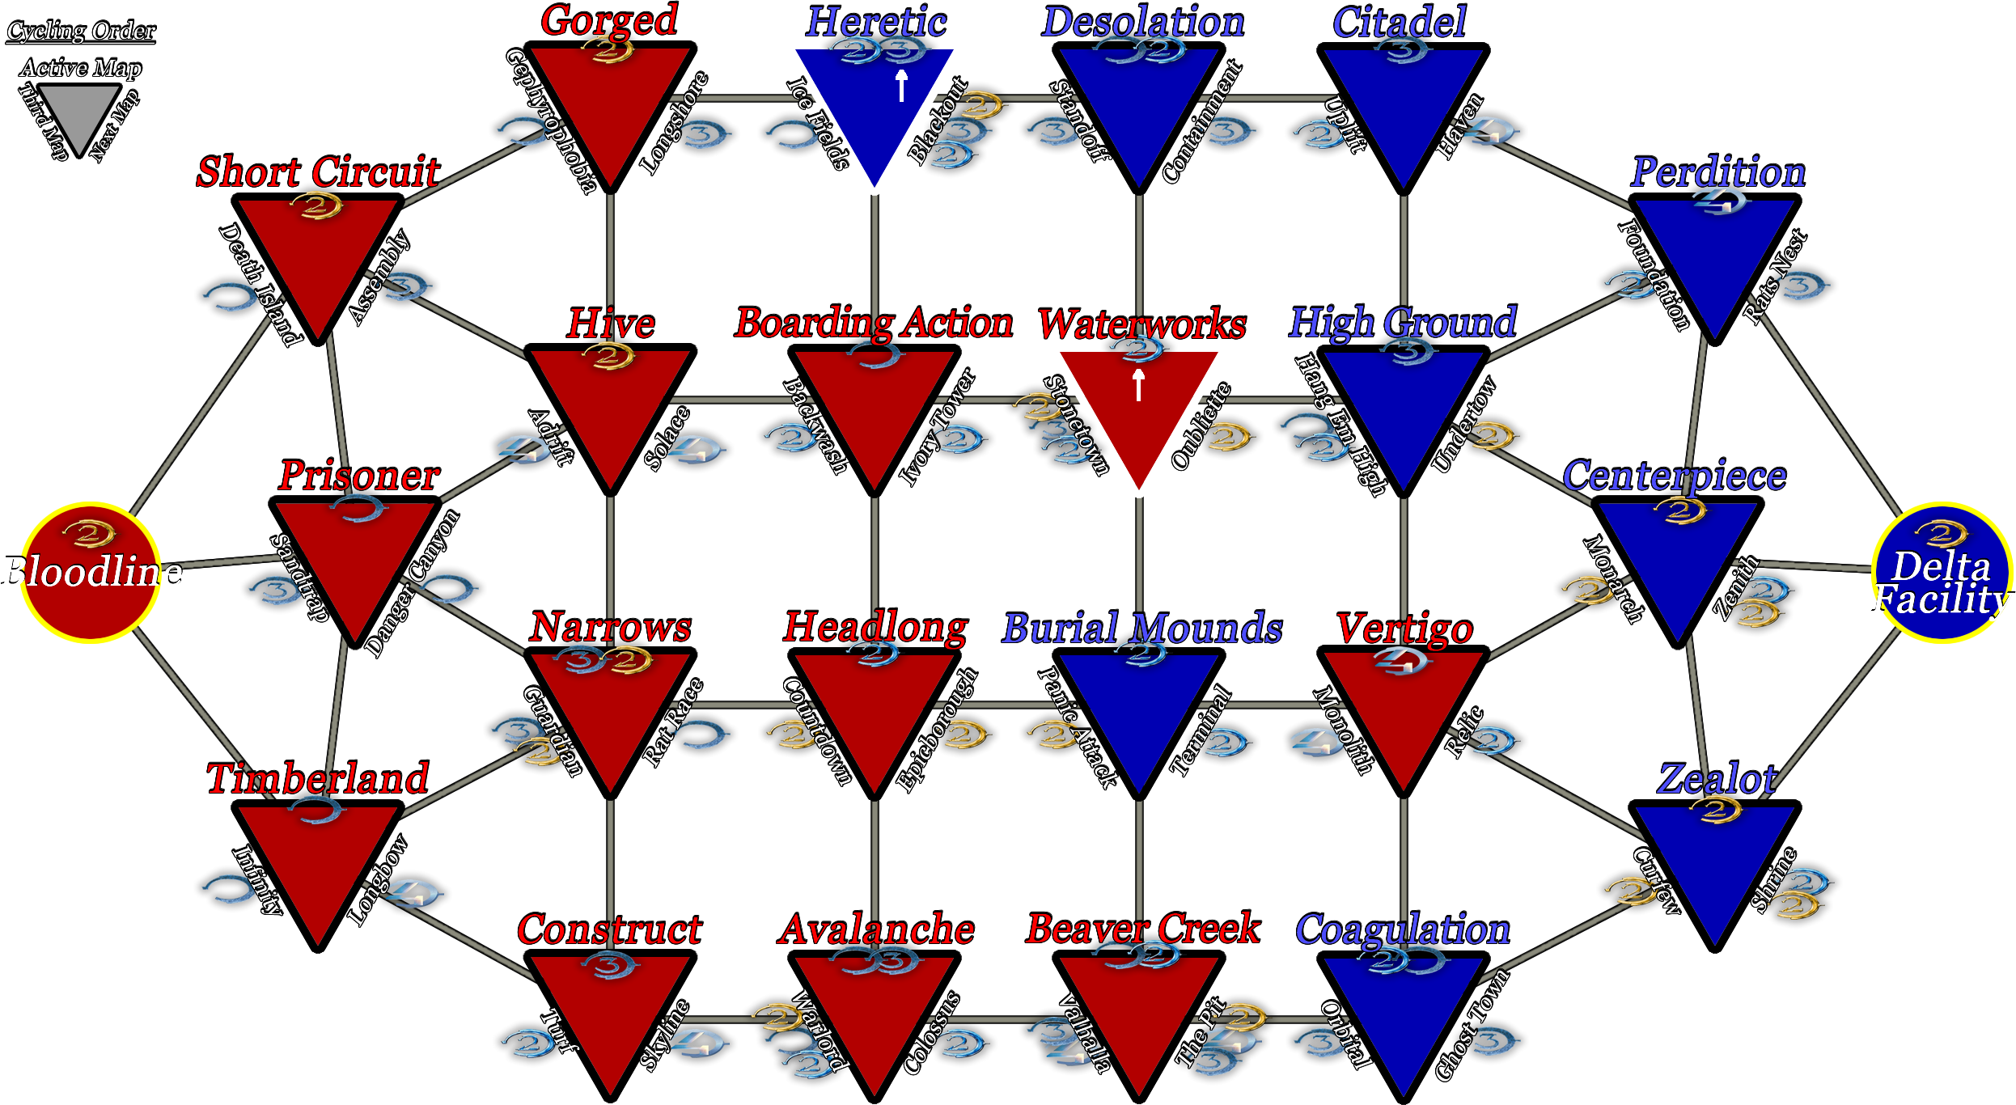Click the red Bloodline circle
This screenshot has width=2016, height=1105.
click(x=91, y=573)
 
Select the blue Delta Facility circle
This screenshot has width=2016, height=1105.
click(x=1941, y=573)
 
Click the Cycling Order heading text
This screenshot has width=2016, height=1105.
click(x=81, y=31)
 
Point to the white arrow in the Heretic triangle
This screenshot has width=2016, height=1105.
click(x=901, y=86)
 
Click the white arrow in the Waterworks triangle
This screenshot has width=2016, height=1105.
click(x=1138, y=385)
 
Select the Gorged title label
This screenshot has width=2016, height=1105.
click(x=610, y=21)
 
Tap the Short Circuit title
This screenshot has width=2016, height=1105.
click(x=319, y=171)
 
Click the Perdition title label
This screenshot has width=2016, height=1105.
click(x=1717, y=171)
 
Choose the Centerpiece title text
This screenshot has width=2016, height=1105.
click(x=1675, y=475)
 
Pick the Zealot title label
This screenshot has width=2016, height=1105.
click(x=1717, y=778)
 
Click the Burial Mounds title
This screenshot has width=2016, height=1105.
click(x=1142, y=628)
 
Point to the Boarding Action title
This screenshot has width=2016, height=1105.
click(x=874, y=323)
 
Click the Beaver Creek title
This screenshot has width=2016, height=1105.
click(x=1143, y=929)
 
